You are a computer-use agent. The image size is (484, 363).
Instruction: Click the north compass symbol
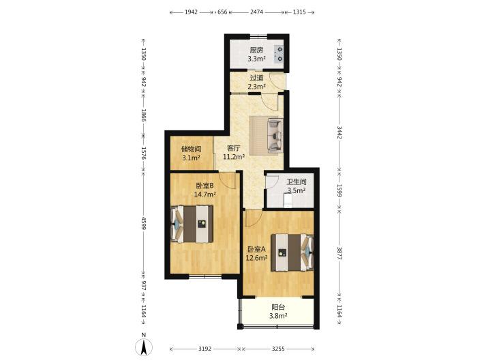click(144, 345)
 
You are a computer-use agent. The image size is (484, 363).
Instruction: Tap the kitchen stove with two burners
click(279, 54)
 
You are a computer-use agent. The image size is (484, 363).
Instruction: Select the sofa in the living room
click(275, 135)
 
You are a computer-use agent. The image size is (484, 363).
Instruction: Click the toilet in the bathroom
click(288, 201)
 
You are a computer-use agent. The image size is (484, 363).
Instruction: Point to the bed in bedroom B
click(192, 224)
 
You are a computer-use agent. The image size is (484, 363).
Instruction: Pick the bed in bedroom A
click(292, 252)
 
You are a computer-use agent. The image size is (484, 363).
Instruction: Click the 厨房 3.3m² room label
click(256, 54)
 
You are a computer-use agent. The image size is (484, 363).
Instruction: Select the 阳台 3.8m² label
click(278, 311)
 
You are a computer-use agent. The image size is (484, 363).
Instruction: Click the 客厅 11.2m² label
click(234, 152)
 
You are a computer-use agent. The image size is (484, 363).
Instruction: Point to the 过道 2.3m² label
click(256, 82)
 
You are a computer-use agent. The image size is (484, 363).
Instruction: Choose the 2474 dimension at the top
click(256, 12)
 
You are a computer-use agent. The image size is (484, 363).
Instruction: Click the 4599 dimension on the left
click(144, 222)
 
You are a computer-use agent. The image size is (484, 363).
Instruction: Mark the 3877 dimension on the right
click(339, 253)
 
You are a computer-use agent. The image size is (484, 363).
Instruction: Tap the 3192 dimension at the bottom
click(205, 349)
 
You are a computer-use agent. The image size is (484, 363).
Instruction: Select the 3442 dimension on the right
click(339, 132)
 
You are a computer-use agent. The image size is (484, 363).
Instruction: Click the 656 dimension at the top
click(222, 12)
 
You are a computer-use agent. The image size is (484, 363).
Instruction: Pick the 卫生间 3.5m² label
click(297, 186)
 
